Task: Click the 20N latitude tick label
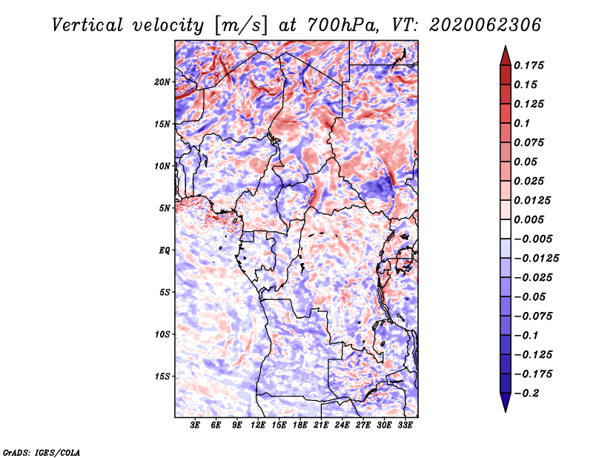pos(162,82)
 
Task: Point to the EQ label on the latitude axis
pos(164,250)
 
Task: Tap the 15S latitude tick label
pos(162,376)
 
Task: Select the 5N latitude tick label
pos(165,208)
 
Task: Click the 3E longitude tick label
pos(195,425)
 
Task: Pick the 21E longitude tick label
pos(321,425)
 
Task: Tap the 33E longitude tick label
pos(405,425)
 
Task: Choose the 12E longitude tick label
pos(257,425)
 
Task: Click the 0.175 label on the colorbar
pos(529,65)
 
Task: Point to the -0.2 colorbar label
pos(526,394)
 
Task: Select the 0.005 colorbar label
pos(529,219)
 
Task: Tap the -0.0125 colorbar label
pos(536,259)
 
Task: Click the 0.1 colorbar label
pos(522,123)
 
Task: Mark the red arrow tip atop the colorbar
pos(506,46)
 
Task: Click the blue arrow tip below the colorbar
pos(506,411)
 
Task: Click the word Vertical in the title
pos(87,25)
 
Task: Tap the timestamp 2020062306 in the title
pos(486,25)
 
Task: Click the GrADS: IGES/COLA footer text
pos(42,453)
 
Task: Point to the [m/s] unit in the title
pos(241,25)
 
